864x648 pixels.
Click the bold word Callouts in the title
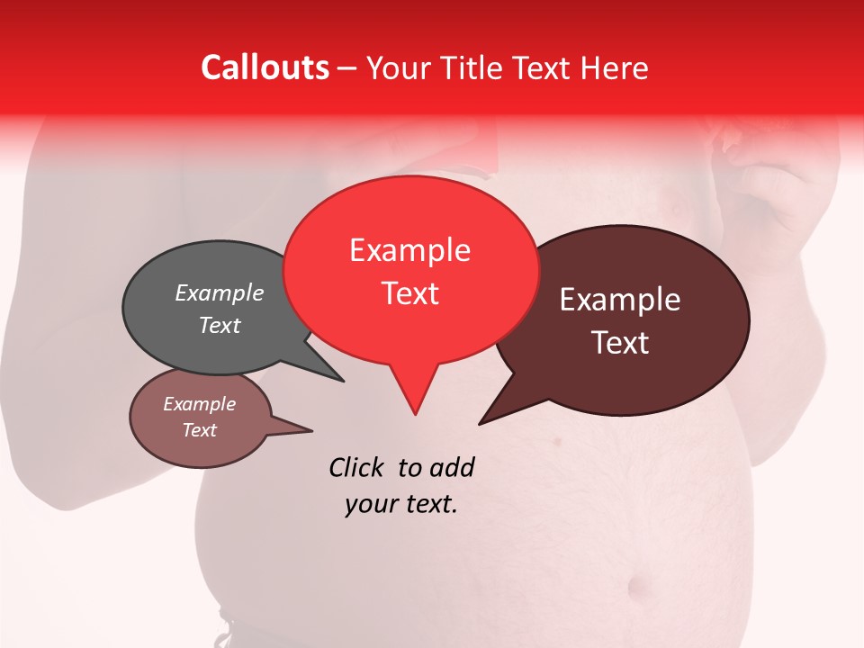tap(265, 67)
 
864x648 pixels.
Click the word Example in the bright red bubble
tap(409, 250)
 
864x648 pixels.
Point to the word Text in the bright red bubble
tap(409, 292)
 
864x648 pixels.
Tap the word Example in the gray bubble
tap(220, 293)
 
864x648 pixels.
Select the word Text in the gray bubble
tap(220, 325)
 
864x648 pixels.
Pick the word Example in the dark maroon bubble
tap(620, 300)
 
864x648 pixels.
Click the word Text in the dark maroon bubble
tap(620, 342)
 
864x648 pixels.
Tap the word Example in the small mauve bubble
tap(199, 404)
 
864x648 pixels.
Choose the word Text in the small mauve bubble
tap(199, 430)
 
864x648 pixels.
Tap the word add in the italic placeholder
tap(451, 467)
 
